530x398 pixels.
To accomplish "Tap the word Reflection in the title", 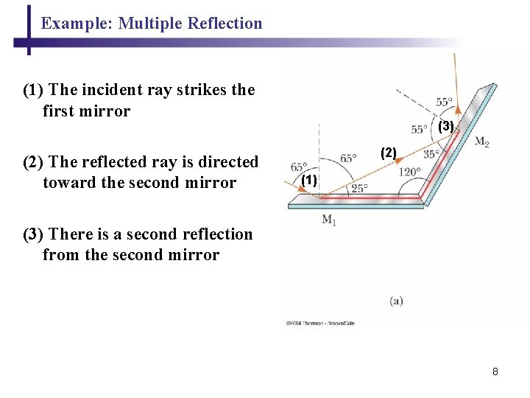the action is [225, 24].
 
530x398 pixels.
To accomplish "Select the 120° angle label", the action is [409, 172].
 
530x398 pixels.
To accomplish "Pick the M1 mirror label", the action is [329, 220].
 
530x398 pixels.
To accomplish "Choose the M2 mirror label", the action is [482, 142].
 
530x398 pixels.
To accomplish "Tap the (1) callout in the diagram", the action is [309, 180].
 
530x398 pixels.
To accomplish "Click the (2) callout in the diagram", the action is [388, 153].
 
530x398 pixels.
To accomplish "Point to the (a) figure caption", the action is [397, 300].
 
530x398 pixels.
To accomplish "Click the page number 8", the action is [495, 371].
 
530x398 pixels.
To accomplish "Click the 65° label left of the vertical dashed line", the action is [299, 167].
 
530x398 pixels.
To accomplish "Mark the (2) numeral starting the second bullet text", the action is [34, 162].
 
